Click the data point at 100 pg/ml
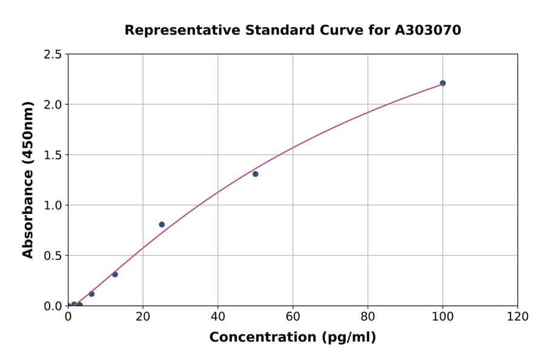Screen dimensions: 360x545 click(x=443, y=83)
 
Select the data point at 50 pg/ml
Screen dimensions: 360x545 click(x=256, y=174)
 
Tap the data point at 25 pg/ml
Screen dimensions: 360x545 click(x=162, y=224)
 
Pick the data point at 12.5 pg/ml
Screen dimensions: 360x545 click(x=115, y=275)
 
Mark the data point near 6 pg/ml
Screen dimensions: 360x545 click(x=91, y=294)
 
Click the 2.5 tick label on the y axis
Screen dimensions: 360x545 click(x=53, y=55)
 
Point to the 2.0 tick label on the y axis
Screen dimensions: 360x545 click(x=53, y=105)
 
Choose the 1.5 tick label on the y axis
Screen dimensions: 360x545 click(x=53, y=155)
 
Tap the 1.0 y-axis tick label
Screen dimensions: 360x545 click(x=53, y=205)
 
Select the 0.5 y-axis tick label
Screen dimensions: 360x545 click(x=53, y=256)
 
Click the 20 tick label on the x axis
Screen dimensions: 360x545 click(x=143, y=317)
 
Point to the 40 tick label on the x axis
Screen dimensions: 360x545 click(x=218, y=317)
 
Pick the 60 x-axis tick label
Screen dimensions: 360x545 click(x=293, y=317)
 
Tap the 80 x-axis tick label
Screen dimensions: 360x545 click(x=368, y=317)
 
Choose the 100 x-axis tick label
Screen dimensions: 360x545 click(x=443, y=317)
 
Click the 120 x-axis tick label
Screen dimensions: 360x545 click(x=518, y=317)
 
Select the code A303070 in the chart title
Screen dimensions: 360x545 click(x=428, y=30)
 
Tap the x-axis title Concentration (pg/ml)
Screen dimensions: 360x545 click(x=292, y=338)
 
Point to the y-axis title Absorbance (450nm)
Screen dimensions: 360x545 click(x=28, y=179)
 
